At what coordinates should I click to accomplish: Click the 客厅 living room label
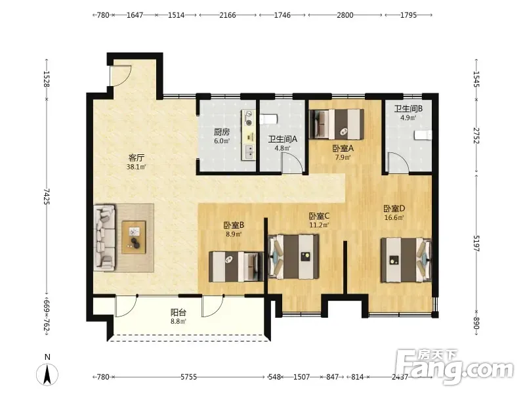pos(136,158)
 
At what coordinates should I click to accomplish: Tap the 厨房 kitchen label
pos(222,132)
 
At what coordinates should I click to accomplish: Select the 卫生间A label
pos(283,139)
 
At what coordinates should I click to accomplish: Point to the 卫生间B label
pos(408,108)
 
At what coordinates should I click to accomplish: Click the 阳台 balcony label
pos(178,313)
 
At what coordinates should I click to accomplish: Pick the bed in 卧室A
pos(337,123)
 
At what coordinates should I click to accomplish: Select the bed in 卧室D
pos(406,259)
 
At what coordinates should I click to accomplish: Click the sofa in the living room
pos(105,238)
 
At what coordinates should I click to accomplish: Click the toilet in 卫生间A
pos(268,120)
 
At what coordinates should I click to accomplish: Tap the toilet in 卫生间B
pos(423,135)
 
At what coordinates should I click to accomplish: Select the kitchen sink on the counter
pos(249,152)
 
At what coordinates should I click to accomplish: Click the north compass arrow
pos(47,374)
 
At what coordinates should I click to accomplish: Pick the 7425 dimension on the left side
pos(47,196)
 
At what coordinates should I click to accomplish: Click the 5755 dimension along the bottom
pos(189,377)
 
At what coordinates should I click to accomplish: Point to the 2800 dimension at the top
pos(345,15)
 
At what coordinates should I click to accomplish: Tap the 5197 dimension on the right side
pos(476,244)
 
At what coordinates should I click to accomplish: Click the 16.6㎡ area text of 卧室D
pos(394,217)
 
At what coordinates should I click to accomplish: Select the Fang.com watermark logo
pos(454,366)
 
